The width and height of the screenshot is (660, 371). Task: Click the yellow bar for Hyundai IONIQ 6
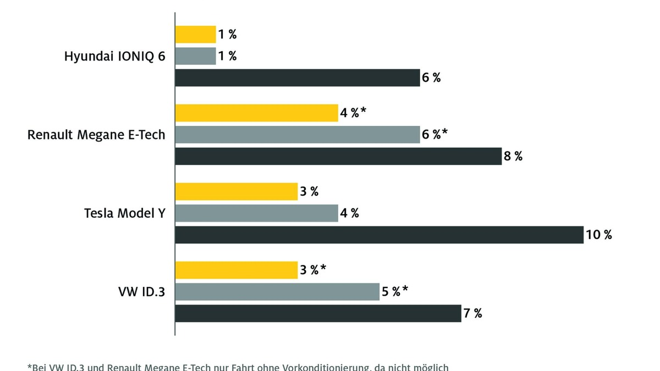(195, 35)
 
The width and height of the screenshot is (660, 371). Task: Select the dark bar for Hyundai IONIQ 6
(298, 77)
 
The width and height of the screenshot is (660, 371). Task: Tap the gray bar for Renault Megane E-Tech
(298, 135)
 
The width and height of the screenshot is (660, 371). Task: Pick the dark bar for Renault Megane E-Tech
(338, 156)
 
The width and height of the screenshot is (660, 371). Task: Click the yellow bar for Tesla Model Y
(237, 192)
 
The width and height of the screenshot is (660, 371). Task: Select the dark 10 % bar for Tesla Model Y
(379, 235)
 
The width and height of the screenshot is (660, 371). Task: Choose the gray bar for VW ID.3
(277, 292)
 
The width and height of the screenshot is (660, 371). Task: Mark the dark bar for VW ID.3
(318, 313)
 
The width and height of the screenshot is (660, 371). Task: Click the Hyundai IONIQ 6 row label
(114, 56)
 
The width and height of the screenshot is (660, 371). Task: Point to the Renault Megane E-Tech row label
(96, 135)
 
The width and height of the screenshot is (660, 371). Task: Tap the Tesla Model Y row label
(124, 213)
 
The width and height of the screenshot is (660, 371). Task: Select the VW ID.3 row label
(141, 292)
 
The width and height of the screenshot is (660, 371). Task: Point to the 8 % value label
(513, 156)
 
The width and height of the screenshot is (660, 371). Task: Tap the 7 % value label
(472, 313)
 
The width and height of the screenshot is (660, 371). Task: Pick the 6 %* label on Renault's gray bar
(435, 135)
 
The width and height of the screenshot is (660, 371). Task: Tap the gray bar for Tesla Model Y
(257, 213)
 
